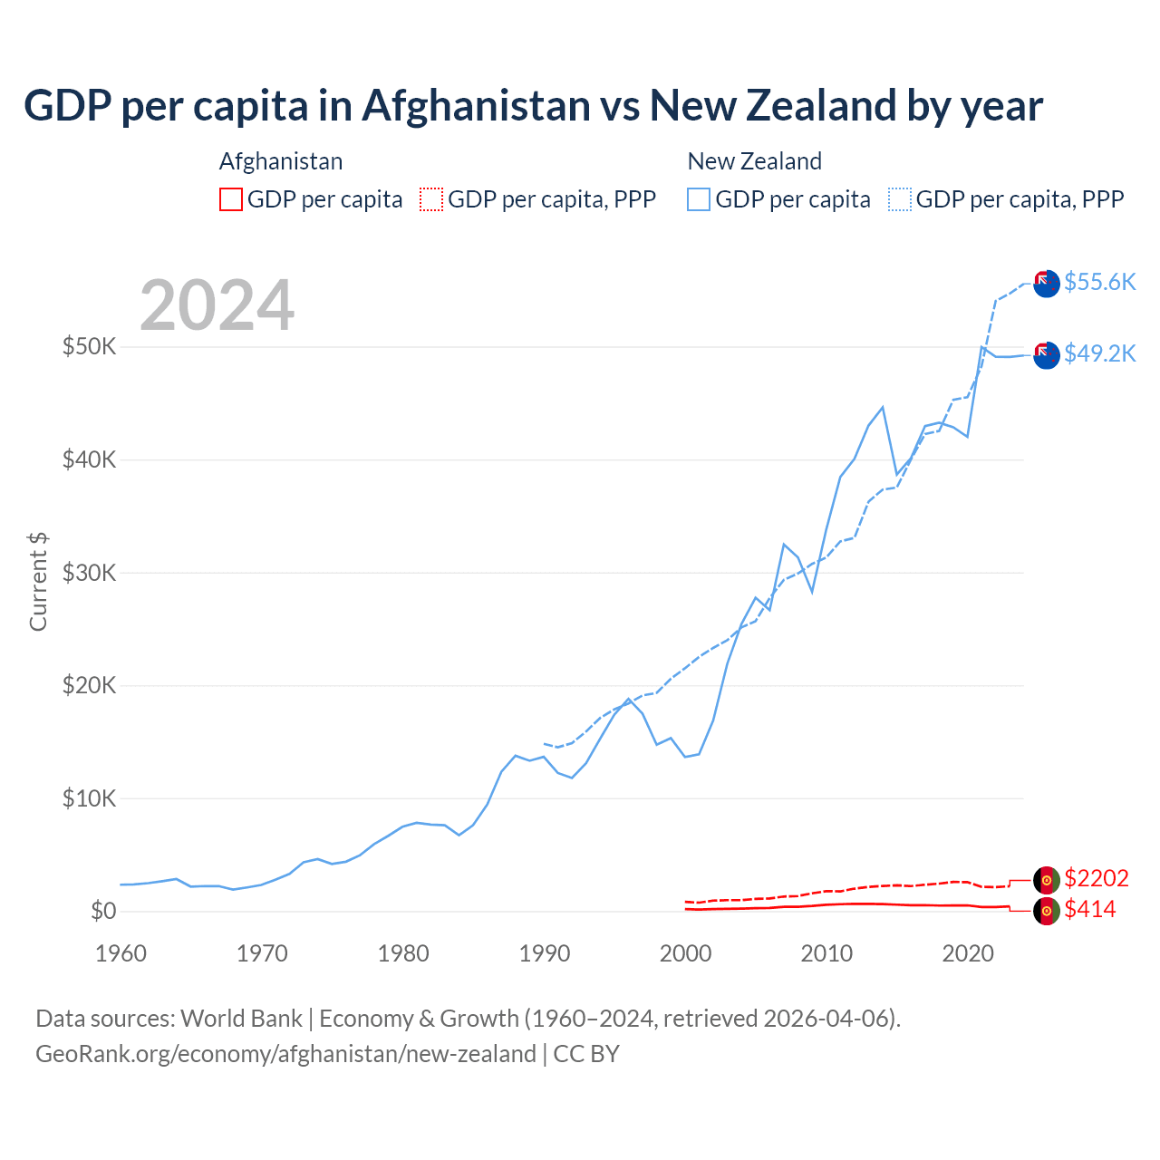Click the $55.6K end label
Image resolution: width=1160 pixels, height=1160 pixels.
(x=1099, y=282)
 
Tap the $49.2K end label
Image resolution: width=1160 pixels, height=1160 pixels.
(x=1099, y=353)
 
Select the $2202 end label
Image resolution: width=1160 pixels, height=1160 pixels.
(x=1097, y=878)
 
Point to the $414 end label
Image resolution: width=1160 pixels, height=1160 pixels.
(x=1090, y=909)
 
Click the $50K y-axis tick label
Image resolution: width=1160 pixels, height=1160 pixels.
(x=89, y=346)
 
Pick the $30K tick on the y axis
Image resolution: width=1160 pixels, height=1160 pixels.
(x=89, y=573)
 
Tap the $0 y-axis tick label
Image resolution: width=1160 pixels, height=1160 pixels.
(x=103, y=911)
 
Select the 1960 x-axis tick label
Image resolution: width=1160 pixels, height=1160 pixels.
(x=121, y=953)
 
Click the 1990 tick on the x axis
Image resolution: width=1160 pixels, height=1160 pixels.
(x=545, y=953)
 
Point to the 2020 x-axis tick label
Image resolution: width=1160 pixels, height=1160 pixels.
(x=968, y=953)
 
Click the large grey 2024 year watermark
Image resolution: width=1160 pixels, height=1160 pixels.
(x=217, y=305)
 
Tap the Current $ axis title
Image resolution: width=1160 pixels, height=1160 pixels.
(x=38, y=581)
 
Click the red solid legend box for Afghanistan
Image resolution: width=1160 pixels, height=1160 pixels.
(x=231, y=199)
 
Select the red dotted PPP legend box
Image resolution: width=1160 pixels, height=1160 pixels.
(x=431, y=199)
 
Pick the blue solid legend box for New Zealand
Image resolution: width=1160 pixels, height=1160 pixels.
(x=699, y=199)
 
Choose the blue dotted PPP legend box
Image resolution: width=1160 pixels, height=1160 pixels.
(x=900, y=199)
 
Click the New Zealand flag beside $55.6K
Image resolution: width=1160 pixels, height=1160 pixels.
(x=1047, y=283)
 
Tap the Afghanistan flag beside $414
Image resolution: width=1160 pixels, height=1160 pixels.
(x=1047, y=911)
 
